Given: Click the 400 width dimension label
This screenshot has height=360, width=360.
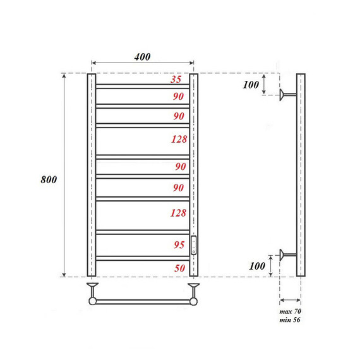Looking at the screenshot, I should (142, 57).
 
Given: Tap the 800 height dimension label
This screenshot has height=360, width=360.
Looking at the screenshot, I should (49, 179).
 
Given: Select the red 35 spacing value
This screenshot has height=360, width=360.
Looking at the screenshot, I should (176, 80).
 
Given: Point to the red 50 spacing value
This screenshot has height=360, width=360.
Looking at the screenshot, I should (179, 268).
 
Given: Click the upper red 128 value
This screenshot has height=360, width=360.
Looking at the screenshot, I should (178, 140).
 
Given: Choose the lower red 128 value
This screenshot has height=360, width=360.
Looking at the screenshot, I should (178, 213).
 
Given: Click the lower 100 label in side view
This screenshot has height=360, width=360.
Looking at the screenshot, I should (257, 266).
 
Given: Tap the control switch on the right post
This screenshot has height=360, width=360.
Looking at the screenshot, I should (194, 244).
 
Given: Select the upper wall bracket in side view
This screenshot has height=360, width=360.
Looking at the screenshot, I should (288, 95).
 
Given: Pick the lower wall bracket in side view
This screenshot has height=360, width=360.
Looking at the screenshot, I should (288, 255).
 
